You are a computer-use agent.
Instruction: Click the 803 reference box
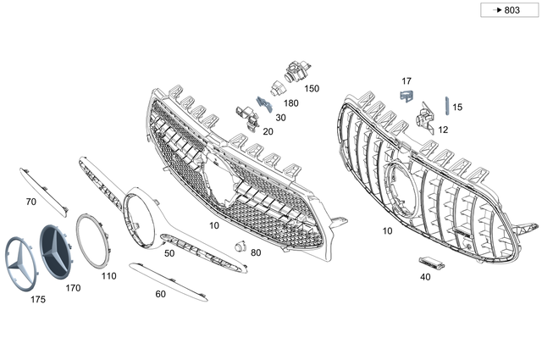(506, 10)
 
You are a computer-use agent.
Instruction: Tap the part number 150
(312, 88)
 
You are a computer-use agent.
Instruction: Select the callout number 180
(291, 103)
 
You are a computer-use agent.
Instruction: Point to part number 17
(406, 81)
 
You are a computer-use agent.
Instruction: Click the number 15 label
(457, 108)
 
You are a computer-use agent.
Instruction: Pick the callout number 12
(443, 129)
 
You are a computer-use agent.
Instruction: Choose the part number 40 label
(425, 276)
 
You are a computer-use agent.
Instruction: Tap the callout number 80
(256, 252)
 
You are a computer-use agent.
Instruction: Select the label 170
(73, 288)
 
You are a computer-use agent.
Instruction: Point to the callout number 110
(108, 276)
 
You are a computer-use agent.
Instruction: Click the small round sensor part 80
(239, 246)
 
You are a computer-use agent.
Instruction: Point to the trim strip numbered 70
(42, 188)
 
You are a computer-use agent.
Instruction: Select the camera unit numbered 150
(296, 71)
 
